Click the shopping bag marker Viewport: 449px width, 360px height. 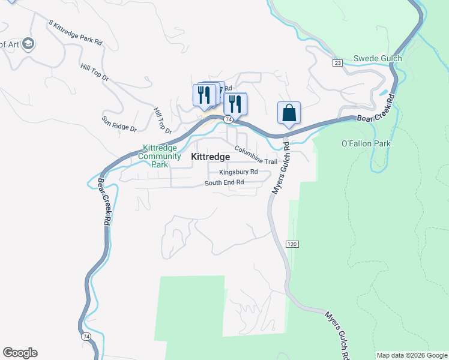click(x=289, y=113)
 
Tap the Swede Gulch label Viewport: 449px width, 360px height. click(x=377, y=58)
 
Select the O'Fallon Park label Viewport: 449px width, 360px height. click(x=366, y=143)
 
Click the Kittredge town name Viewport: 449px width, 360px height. click(x=210, y=157)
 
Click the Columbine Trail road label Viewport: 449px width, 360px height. click(x=256, y=155)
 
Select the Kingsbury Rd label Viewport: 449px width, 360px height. click(x=238, y=172)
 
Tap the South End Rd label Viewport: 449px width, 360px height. click(x=224, y=182)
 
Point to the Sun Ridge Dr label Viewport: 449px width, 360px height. click(x=119, y=124)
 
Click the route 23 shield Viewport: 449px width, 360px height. click(x=337, y=62)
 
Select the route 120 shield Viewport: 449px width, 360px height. click(x=292, y=244)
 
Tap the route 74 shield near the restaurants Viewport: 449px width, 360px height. click(x=228, y=120)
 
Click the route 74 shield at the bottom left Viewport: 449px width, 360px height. click(x=86, y=337)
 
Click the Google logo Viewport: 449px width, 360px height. click(x=20, y=353)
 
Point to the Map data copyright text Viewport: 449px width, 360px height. click(x=412, y=355)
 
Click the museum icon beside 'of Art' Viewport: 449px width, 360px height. click(x=28, y=43)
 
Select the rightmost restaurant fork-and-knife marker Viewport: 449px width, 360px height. click(x=235, y=104)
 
